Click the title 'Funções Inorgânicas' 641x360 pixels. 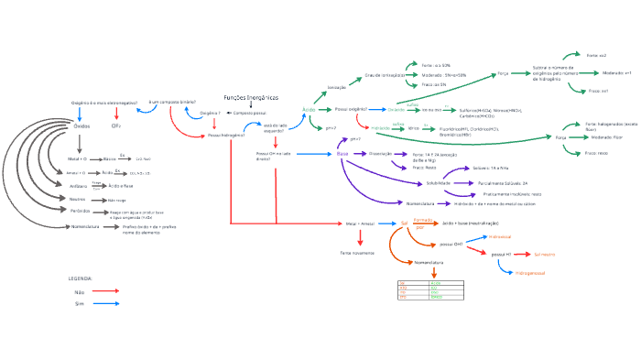251,98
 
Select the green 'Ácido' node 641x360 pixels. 309,109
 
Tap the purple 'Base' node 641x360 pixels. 342,154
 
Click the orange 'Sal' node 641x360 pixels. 403,223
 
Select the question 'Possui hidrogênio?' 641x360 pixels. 225,135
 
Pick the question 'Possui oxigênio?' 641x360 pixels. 351,109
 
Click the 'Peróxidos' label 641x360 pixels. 81,211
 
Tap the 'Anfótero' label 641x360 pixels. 79,186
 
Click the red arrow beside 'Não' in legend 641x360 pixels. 106,291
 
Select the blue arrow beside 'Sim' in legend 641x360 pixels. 106,303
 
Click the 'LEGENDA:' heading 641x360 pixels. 81,278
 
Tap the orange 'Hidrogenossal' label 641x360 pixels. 531,273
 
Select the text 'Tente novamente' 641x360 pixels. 358,252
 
